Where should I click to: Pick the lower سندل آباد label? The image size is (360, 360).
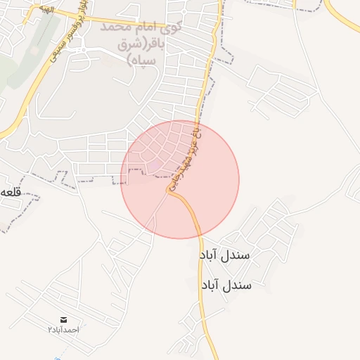[227, 285]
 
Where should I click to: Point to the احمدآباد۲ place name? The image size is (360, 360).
[64, 329]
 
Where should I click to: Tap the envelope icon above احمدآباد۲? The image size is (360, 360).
[64, 319]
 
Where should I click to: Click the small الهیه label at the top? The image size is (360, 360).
[35, 13]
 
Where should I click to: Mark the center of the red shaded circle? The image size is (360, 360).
[180, 179]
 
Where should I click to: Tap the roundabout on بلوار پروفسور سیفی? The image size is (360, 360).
[79, 49]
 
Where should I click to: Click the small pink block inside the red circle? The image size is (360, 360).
[154, 166]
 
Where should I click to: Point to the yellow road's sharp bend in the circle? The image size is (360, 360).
[173, 195]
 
